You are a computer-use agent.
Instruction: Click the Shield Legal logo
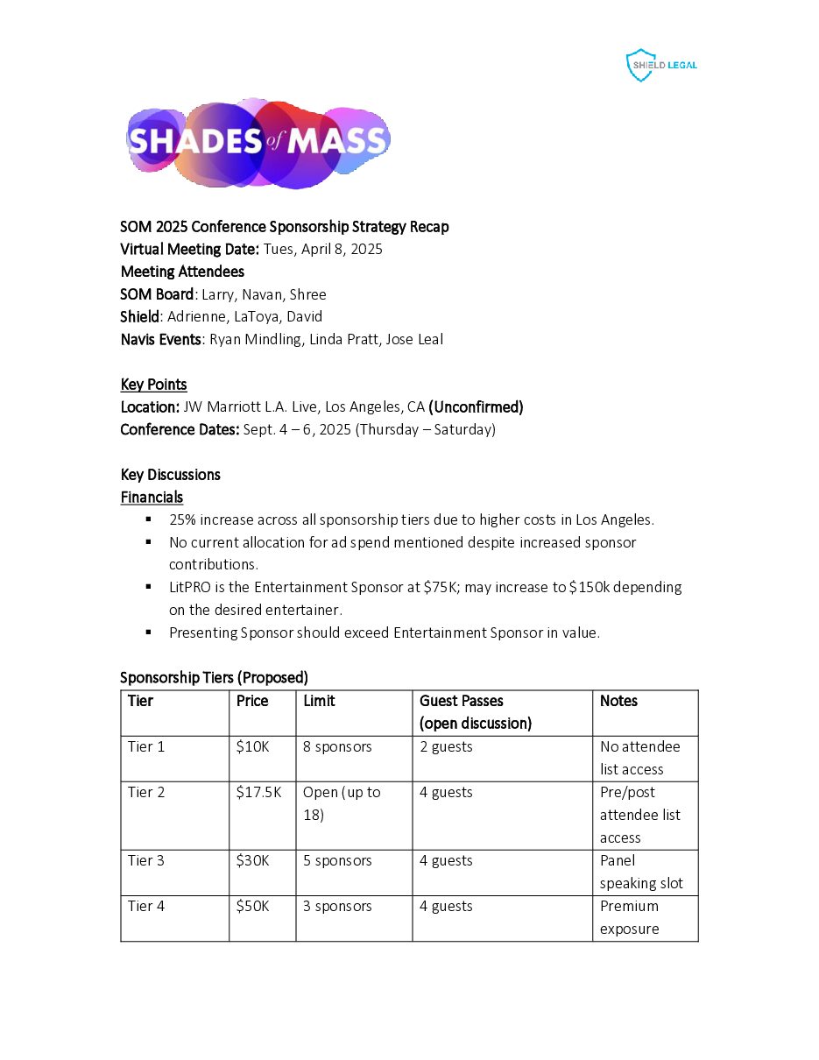(661, 66)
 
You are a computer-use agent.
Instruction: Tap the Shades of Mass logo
(258, 142)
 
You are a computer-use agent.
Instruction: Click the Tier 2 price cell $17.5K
(258, 792)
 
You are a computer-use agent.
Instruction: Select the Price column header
(252, 701)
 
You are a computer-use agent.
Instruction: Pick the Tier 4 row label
(146, 906)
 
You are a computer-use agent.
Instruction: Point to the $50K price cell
(252, 906)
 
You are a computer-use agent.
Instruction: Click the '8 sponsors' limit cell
(337, 746)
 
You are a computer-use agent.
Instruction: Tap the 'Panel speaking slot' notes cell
(640, 872)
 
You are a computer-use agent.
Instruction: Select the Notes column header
(618, 701)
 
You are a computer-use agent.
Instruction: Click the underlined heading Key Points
(153, 384)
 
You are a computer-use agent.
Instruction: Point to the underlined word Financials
(152, 497)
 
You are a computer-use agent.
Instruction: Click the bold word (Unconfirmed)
(476, 406)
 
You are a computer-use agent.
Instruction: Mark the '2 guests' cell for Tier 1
(446, 746)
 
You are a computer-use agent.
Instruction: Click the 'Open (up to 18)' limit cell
(342, 803)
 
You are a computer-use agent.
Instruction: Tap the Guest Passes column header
(475, 711)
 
